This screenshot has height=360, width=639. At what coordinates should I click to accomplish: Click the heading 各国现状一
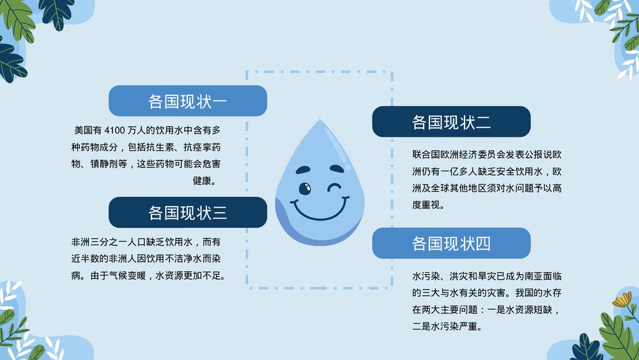[187, 101]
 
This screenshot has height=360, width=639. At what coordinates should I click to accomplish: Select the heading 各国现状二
[451, 122]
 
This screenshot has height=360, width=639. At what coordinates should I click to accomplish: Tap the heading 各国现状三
[187, 212]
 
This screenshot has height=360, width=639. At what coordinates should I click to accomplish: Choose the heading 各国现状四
[451, 244]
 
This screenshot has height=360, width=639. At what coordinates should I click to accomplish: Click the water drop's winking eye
[334, 188]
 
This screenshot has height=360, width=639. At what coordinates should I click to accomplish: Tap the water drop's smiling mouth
[319, 208]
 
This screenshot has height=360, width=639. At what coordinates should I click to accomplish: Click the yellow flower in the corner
[621, 300]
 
